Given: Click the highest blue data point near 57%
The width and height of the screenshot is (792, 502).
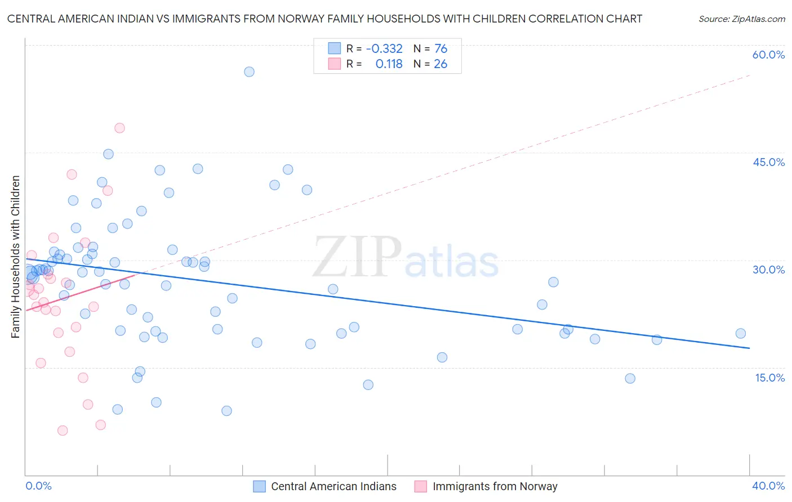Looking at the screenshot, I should pyautogui.click(x=249, y=72).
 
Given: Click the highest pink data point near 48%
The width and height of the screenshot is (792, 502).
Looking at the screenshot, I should pyautogui.click(x=119, y=128).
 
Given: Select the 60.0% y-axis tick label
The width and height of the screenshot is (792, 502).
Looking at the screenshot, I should pyautogui.click(x=768, y=55).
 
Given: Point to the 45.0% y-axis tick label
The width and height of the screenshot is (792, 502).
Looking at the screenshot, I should pyautogui.click(x=768, y=162).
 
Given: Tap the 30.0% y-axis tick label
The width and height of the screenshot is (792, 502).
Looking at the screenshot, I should pyautogui.click(x=768, y=270).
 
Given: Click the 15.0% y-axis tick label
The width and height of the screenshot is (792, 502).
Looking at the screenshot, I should pyautogui.click(x=769, y=378).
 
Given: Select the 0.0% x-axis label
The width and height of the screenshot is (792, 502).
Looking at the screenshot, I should pyautogui.click(x=39, y=486).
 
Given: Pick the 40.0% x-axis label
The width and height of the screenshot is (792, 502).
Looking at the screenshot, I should pyautogui.click(x=768, y=486).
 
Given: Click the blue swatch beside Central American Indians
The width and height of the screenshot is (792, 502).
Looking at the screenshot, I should pyautogui.click(x=259, y=486).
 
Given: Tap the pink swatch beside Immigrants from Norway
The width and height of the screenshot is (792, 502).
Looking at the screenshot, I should pyautogui.click(x=421, y=486).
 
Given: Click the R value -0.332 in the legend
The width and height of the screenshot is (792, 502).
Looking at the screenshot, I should pyautogui.click(x=384, y=49).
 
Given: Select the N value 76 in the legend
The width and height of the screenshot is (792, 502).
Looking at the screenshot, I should pyautogui.click(x=441, y=49).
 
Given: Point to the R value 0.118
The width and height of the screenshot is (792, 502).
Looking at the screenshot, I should pyautogui.click(x=389, y=64).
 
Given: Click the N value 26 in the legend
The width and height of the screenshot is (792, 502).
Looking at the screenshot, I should pyautogui.click(x=441, y=64).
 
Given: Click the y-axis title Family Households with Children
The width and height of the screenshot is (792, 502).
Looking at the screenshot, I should pyautogui.click(x=16, y=257).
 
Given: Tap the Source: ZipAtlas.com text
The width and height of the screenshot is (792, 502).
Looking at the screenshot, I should pyautogui.click(x=741, y=19).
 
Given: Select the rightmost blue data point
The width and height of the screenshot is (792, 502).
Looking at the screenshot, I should pyautogui.click(x=741, y=334).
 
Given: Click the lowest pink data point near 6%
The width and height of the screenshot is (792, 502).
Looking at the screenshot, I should pyautogui.click(x=63, y=431).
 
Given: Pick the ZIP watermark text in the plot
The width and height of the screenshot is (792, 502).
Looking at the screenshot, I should pyautogui.click(x=357, y=257).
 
